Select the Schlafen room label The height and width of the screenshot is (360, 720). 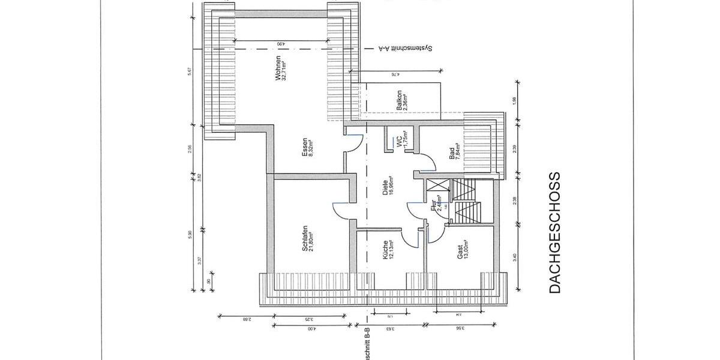pos(308,239)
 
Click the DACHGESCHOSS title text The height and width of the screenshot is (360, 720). pos(555,233)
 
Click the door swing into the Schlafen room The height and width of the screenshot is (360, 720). pos(341,209)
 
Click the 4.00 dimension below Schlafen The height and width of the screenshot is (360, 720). pos(311,329)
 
